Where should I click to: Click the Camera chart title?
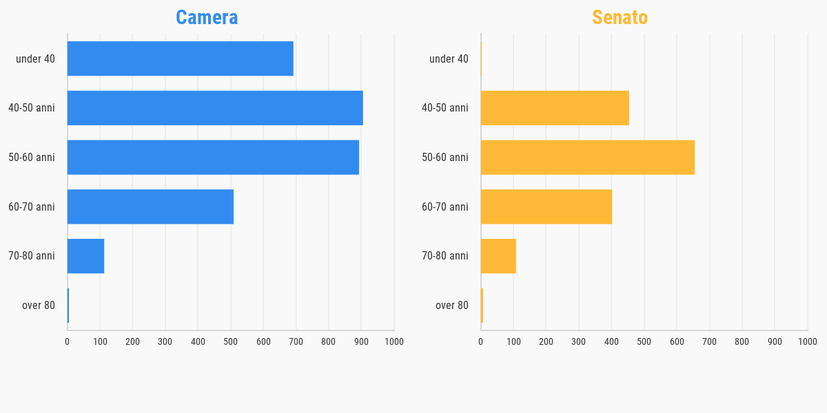pos(207,18)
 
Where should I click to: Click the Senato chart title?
pos(620,18)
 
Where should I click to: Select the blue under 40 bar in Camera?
pos(180,59)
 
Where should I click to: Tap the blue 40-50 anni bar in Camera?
pos(215,108)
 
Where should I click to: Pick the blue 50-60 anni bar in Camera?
pos(213,157)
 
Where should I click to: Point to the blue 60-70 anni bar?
pos(150,206)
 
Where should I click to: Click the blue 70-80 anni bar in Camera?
pos(85,256)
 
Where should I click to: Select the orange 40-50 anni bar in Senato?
pos(555,108)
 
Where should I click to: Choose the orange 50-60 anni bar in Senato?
pos(587,157)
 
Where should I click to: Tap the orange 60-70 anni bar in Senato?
pos(546,206)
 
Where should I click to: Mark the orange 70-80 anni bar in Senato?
pos(498,256)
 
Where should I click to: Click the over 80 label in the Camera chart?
pos(39,306)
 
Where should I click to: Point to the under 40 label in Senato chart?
pos(449,59)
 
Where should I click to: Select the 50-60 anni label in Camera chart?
pos(32,158)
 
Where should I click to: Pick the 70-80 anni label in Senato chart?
pos(445,256)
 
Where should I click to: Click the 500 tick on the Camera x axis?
pos(230,341)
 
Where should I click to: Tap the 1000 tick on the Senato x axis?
pos(807,341)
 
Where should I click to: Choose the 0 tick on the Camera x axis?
pos(67,341)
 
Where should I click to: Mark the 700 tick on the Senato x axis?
pos(709,341)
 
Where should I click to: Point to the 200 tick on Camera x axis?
pos(132,341)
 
